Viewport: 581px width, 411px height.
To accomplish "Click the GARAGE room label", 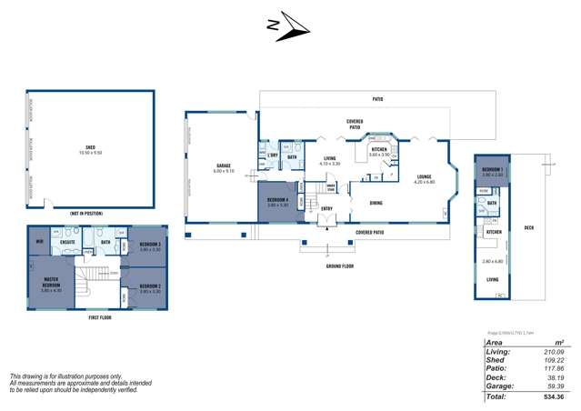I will pos(223,167).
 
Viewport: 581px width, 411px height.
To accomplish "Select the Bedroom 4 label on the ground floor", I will pos(277,200).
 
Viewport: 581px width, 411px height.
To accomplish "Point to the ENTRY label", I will pos(326,208).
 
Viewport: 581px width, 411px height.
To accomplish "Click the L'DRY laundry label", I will pos(271,156).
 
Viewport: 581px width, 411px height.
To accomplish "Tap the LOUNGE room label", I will pos(424,177).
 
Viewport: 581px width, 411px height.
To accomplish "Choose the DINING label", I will pos(376,203).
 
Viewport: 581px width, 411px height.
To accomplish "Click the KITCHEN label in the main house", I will pos(379,149).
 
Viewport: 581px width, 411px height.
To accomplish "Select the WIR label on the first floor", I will pos(39,242).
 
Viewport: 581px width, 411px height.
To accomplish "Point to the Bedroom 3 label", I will pos(150,244).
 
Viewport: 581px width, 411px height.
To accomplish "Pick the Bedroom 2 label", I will pos(150,286).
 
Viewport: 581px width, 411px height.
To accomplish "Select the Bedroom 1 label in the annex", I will pos(491,170).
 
